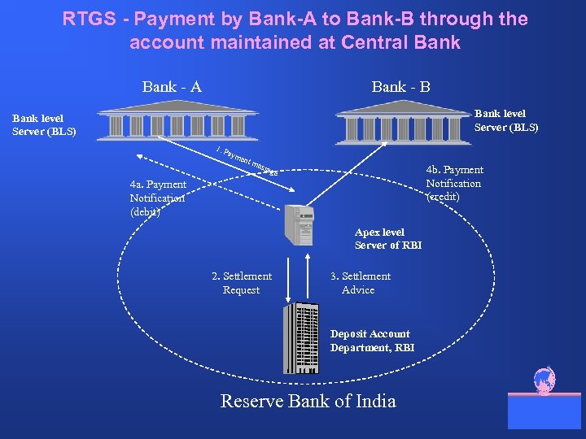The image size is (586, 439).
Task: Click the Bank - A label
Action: pyautogui.click(x=172, y=87)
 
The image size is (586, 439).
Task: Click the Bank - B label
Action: pyautogui.click(x=400, y=87)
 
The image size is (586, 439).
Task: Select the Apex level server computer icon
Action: pyautogui.click(x=298, y=224)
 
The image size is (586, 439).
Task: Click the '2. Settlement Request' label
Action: pyautogui.click(x=242, y=283)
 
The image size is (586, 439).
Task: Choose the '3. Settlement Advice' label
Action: pyautogui.click(x=360, y=283)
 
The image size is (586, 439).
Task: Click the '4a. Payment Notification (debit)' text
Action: pyautogui.click(x=158, y=198)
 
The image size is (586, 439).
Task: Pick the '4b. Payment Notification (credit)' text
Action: pyautogui.click(x=454, y=183)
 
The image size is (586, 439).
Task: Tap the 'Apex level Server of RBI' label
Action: pyautogui.click(x=387, y=239)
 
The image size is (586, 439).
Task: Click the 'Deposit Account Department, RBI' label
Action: pyautogui.click(x=372, y=341)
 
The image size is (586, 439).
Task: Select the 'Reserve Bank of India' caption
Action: pyautogui.click(x=308, y=401)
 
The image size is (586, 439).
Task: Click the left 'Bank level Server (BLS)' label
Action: pyautogui.click(x=44, y=124)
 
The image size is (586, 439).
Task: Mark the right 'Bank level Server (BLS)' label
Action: pyautogui.click(x=505, y=120)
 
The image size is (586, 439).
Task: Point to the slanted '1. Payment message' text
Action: pyautogui.click(x=247, y=161)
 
